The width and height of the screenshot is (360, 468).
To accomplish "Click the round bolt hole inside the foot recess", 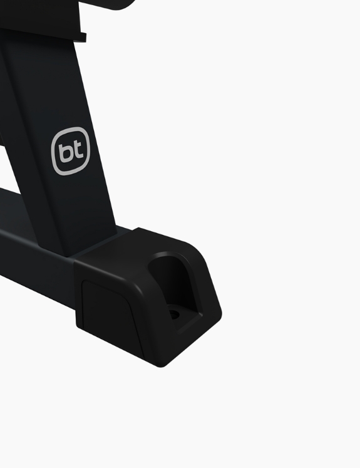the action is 174,314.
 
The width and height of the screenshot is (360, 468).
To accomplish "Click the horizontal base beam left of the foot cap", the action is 36,263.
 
